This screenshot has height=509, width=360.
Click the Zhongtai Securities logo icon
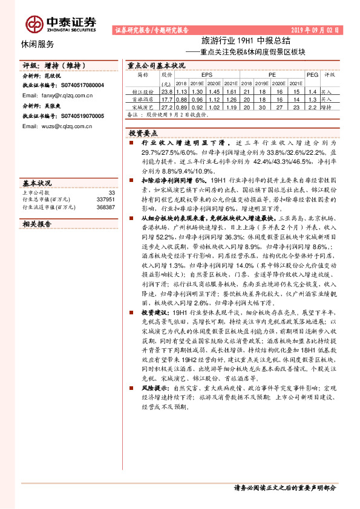click(34, 24)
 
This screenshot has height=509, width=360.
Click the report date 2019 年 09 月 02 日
click(314, 29)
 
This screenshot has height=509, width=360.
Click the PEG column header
click(312, 75)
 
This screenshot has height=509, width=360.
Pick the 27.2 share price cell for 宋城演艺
click(168, 106)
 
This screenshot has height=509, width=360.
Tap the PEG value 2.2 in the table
click(312, 106)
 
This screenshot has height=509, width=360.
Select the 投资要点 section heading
click(142, 132)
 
